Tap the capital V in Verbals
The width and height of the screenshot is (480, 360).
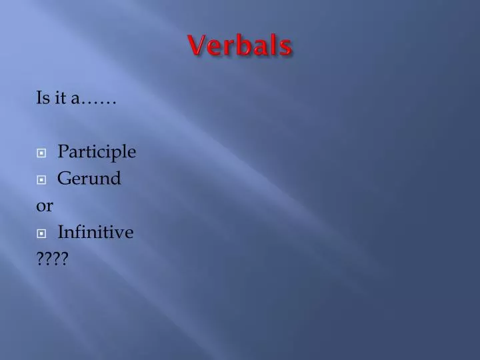point(195,46)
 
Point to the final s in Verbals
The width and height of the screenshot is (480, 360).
point(286,47)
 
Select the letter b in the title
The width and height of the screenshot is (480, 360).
point(243,45)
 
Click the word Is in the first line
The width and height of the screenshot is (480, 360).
point(42,99)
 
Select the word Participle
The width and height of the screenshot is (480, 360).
point(97,153)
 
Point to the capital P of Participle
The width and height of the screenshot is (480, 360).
point(63,152)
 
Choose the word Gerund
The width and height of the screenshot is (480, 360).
point(89,179)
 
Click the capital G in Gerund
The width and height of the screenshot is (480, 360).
point(64,179)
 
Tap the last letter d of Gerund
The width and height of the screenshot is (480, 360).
point(116,179)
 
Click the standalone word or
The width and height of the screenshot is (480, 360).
point(45,207)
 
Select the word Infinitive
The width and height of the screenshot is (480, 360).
point(95,233)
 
